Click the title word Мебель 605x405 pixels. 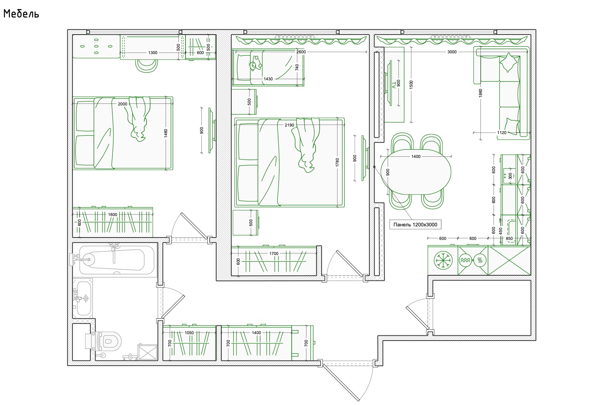tap(21, 14)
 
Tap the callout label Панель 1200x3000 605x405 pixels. tap(415, 225)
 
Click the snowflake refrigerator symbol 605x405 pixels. tap(443, 260)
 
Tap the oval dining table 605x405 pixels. tap(416, 172)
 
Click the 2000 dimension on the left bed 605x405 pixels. tap(123, 104)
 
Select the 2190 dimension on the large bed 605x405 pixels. tap(289, 125)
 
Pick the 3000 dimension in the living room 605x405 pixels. tap(452, 52)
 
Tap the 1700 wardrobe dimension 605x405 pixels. tap(274, 253)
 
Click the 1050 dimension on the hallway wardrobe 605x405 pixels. tap(189, 333)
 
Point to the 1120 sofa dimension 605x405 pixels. tap(502, 132)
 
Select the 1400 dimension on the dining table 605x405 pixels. tap(416, 156)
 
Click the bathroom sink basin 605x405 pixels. tap(84, 298)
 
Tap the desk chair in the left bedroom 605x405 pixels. tap(146, 66)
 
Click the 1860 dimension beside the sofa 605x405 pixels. tap(480, 93)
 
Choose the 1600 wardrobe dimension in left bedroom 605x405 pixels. tap(113, 215)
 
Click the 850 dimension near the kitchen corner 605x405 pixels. tap(509, 238)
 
